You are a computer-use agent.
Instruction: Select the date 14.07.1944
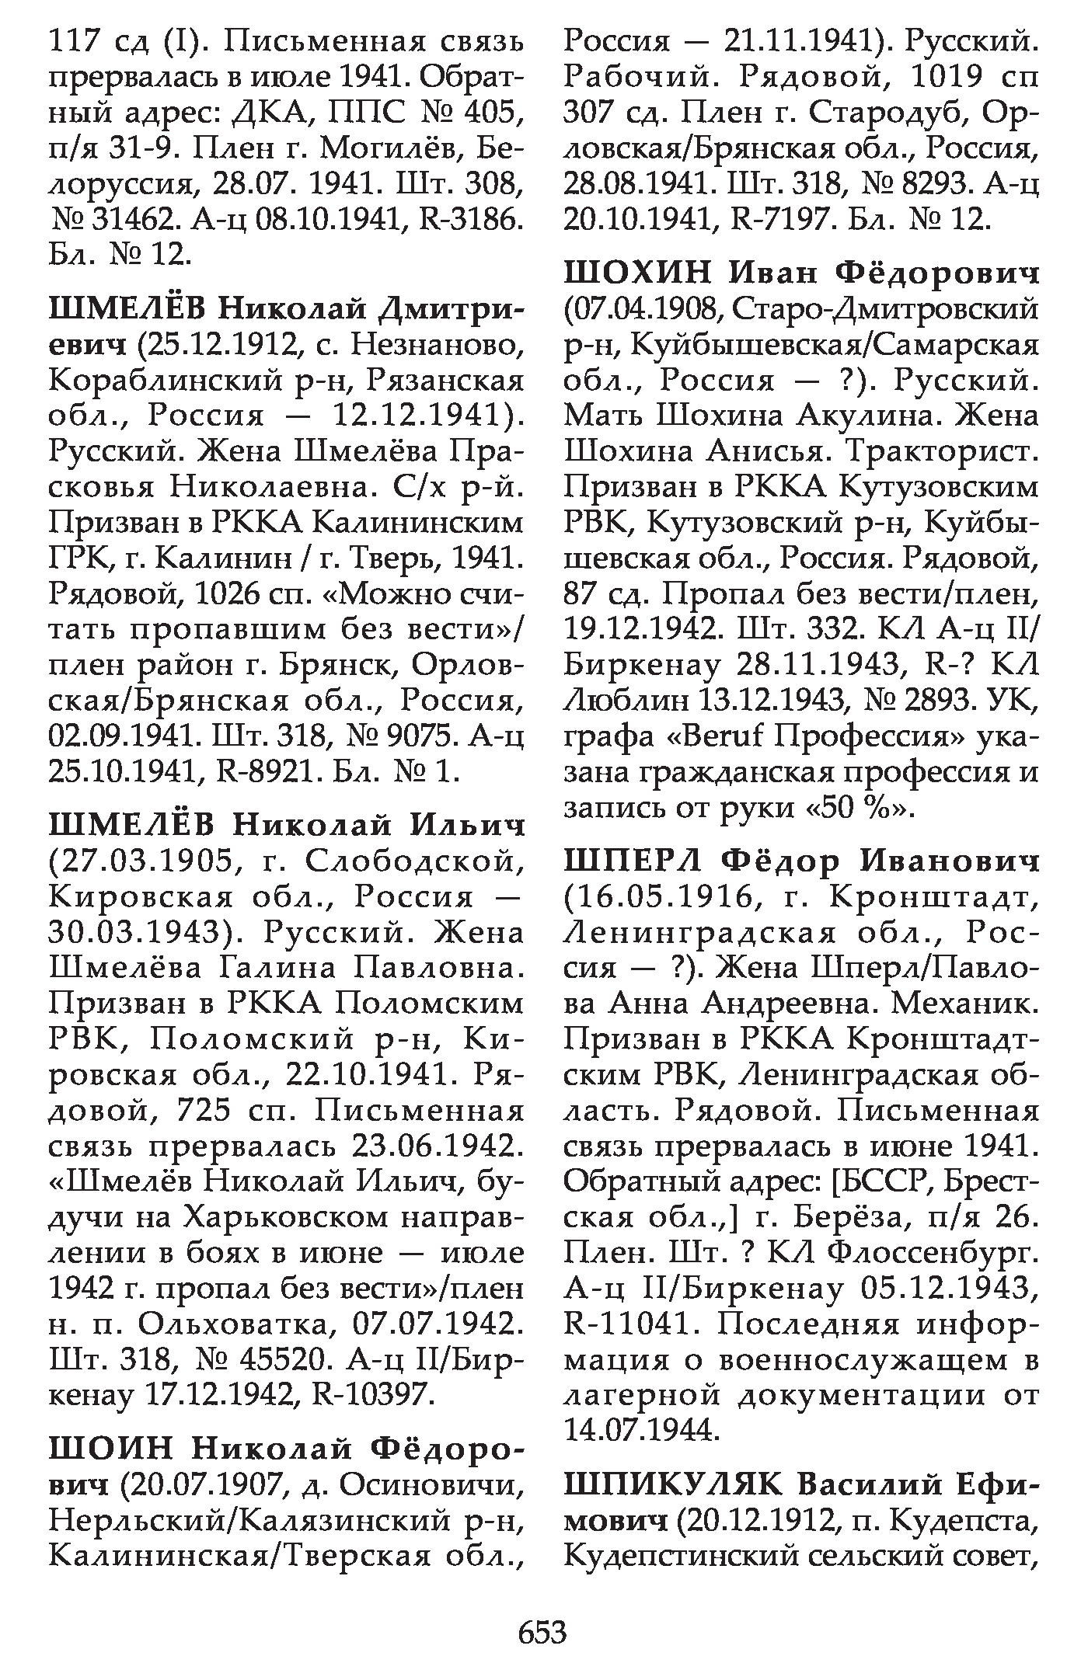[640, 1430]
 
